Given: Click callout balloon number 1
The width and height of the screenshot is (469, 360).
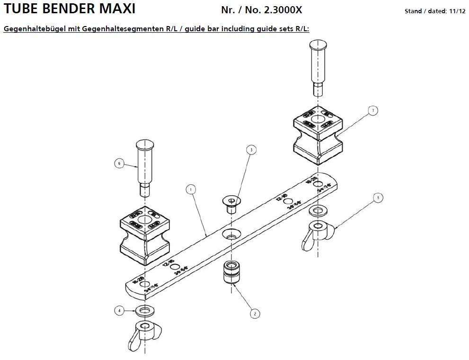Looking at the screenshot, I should point(190,189).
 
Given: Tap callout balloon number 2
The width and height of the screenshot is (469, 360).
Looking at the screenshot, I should point(254,313).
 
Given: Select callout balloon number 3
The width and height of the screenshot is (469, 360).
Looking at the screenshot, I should point(251,150).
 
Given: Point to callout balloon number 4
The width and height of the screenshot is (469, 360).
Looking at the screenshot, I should point(119,311).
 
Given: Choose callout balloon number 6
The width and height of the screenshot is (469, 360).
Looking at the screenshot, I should point(119,163).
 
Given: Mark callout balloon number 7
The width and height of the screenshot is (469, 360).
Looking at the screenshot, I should point(373,110).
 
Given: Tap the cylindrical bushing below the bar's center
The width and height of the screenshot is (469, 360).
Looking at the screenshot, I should point(230,273).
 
